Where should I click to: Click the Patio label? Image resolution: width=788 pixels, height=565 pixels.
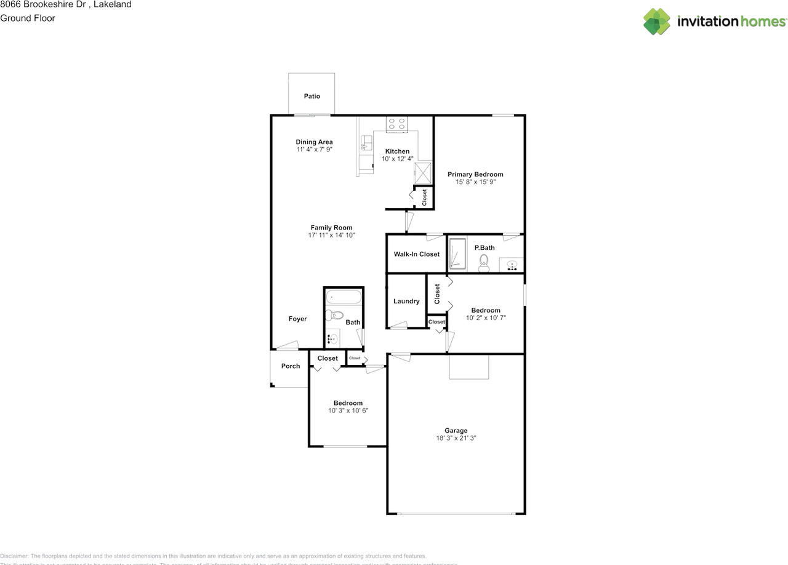pos(312,96)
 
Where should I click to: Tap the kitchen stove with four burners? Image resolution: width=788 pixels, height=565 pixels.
pos(396,124)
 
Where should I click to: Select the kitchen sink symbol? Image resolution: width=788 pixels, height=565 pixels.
pos(366,143)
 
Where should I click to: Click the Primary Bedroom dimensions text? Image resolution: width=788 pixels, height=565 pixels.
pos(475,182)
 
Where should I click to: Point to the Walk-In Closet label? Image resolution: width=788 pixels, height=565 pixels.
pos(417,254)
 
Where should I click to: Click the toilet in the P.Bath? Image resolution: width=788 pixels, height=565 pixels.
pos(484,263)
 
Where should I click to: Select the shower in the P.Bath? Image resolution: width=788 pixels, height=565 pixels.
pos(457,254)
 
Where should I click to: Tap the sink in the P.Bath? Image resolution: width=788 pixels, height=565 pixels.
pos(512,265)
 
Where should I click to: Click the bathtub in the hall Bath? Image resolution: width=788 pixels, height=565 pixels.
pos(344,297)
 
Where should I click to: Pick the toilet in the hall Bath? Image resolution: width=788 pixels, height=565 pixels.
pos(334,315)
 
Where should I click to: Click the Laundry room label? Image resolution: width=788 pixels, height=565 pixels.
pos(406,302)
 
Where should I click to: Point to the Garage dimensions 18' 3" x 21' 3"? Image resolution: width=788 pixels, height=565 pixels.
pos(456,438)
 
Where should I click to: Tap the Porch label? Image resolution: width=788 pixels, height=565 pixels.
pos(291,366)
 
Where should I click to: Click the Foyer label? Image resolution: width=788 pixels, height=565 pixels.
pos(297,319)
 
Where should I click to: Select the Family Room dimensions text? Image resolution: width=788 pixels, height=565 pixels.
pos(331,235)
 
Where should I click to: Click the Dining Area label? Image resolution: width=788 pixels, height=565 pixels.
pos(314,142)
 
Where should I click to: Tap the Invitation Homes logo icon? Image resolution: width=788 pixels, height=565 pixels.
pos(657,22)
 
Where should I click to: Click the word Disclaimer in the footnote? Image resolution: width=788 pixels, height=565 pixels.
pos(14,556)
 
